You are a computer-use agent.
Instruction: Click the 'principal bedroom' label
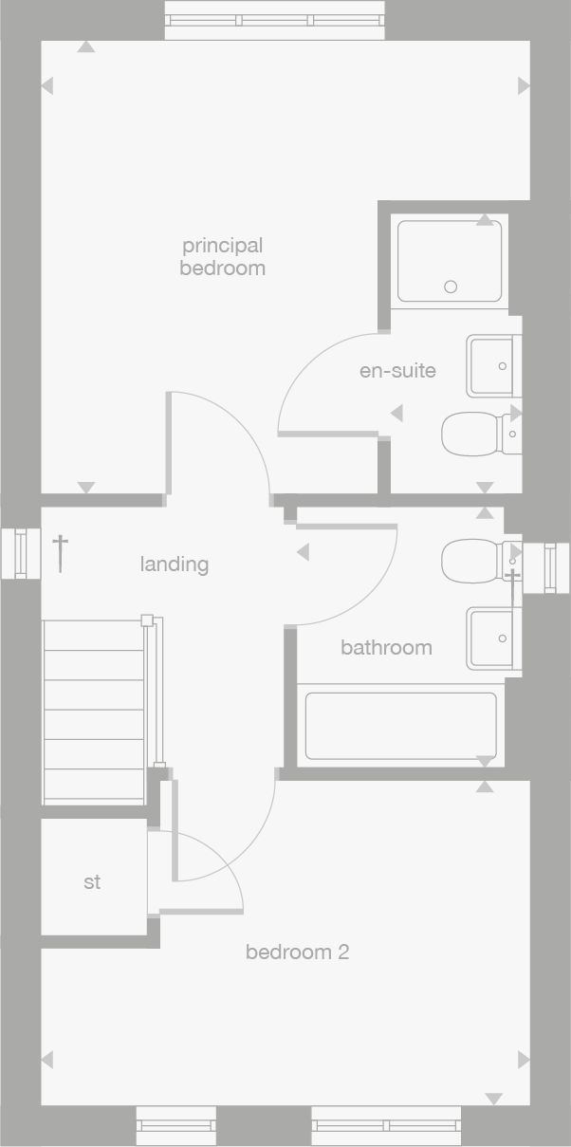[x=222, y=257]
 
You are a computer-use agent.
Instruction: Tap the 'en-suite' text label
[x=397, y=370]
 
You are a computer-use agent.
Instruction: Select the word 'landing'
[x=175, y=564]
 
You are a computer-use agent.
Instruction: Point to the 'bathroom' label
[x=386, y=648]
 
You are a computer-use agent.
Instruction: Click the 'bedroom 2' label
[x=297, y=952]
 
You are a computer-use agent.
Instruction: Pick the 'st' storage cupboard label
[x=92, y=882]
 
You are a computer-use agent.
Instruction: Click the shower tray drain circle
[x=451, y=287]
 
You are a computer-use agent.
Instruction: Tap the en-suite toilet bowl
[x=470, y=435]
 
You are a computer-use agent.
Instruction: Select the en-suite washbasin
[x=493, y=365]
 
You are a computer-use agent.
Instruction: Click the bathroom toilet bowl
[x=470, y=560]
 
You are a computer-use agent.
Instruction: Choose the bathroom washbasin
[x=493, y=638]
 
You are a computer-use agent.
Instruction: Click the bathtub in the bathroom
[x=400, y=726]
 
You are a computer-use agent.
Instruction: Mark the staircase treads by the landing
[x=93, y=712]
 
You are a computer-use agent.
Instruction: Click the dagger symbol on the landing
[x=60, y=552]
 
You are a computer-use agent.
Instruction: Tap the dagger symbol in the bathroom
[x=512, y=586]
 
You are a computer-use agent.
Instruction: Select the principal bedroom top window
[x=275, y=20]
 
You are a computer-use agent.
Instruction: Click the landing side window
[x=21, y=554]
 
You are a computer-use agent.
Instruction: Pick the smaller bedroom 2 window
[x=175, y=1126]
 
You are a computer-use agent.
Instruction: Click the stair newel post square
[x=147, y=620]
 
